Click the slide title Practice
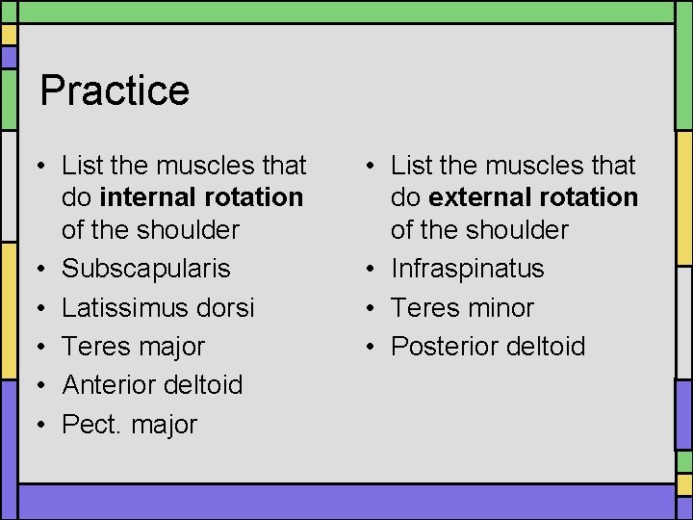pos(115,91)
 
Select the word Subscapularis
pos(145,269)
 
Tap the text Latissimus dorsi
pos(158,307)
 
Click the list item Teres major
pos(133,346)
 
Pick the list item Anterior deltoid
pos(152,384)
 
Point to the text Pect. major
pos(129,424)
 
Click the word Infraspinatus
pos(467,269)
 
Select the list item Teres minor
pos(462,307)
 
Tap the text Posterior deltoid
pos(487,346)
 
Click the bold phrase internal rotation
pos(201,197)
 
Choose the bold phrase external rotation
pos(533,197)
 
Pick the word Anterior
pos(109,384)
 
